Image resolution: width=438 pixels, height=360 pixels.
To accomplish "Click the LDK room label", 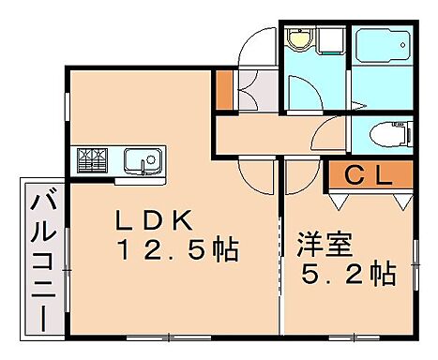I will pos(155,221).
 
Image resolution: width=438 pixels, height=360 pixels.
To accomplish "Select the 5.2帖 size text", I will pos(346,276).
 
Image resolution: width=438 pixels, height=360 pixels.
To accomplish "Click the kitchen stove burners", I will pos(92,160).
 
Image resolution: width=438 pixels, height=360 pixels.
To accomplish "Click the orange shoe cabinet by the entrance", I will pos(223,86).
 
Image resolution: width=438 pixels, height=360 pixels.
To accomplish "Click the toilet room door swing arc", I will pos(330,135).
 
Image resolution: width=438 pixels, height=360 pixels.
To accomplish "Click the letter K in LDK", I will pos(182,221).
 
